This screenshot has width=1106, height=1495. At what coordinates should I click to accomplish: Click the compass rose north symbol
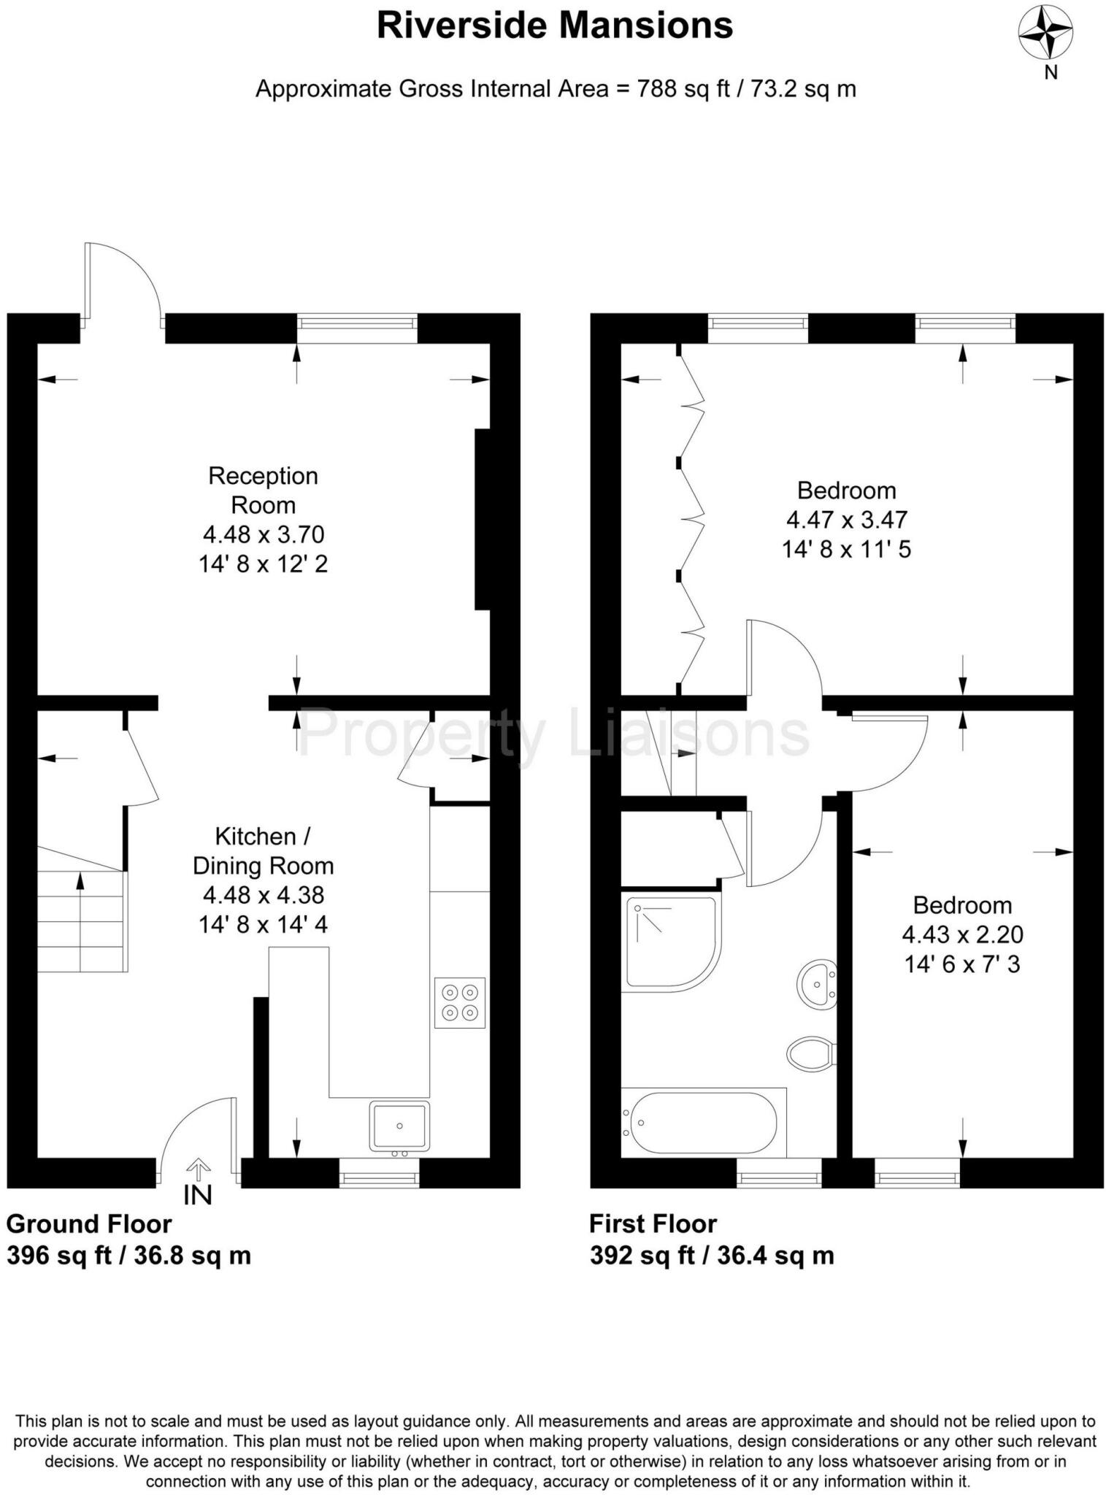click(x=1045, y=34)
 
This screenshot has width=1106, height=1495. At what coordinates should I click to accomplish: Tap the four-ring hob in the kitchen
click(x=459, y=1002)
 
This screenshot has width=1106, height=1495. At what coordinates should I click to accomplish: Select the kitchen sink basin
click(x=399, y=1125)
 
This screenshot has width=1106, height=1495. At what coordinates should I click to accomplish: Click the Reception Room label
click(x=263, y=490)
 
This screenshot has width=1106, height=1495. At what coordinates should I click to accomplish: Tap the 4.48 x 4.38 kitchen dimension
click(x=263, y=895)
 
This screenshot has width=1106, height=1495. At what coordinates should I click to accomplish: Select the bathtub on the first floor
click(x=702, y=1123)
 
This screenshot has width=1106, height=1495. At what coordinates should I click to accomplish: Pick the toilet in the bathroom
click(x=810, y=1053)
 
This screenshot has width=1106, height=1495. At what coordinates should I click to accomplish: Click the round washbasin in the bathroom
click(x=816, y=985)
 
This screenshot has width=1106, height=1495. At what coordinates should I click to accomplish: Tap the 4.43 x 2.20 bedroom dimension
click(x=962, y=934)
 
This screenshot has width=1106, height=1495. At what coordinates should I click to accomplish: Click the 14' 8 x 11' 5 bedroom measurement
click(x=846, y=549)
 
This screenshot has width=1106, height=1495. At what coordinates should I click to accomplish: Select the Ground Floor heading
click(x=89, y=1223)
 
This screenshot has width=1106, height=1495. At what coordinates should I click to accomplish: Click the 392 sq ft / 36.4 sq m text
click(x=711, y=1256)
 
